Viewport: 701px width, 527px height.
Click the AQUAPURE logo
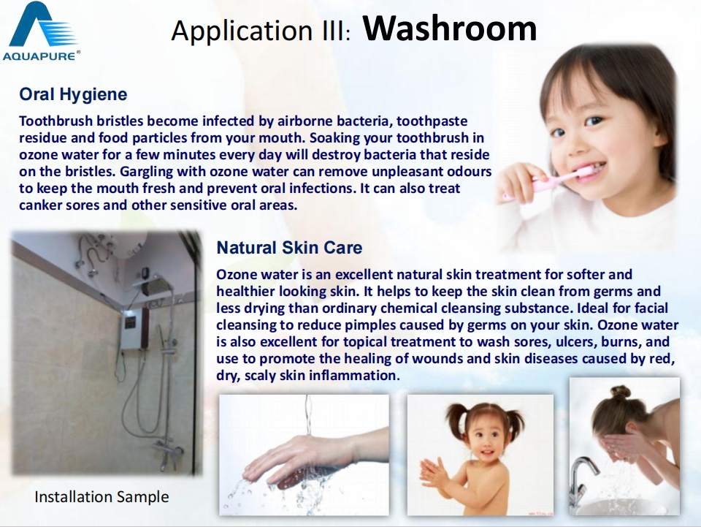click(41, 31)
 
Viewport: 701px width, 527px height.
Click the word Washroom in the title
click(449, 29)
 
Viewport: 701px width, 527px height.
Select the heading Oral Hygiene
click(73, 94)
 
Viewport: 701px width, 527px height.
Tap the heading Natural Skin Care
click(289, 247)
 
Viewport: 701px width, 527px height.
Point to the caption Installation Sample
click(101, 496)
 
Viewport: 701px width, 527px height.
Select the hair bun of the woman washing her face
click(620, 393)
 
